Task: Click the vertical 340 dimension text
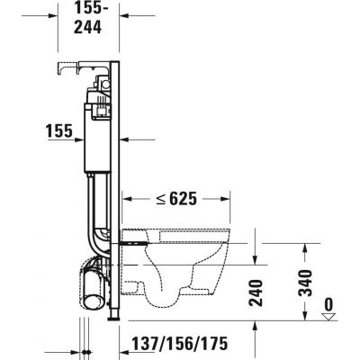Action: [x=305, y=284]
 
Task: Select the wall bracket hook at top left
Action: [x=64, y=67]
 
